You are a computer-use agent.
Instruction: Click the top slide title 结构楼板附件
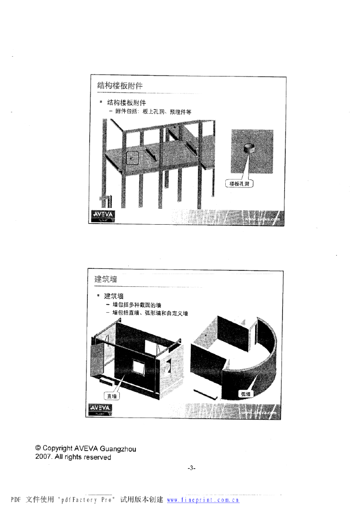tap(120, 85)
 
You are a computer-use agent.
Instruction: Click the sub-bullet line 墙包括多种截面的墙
tap(136, 305)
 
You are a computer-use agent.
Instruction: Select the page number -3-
tap(192, 468)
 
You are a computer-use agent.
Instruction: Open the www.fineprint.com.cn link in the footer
tap(203, 500)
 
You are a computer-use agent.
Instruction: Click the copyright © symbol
tap(38, 449)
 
